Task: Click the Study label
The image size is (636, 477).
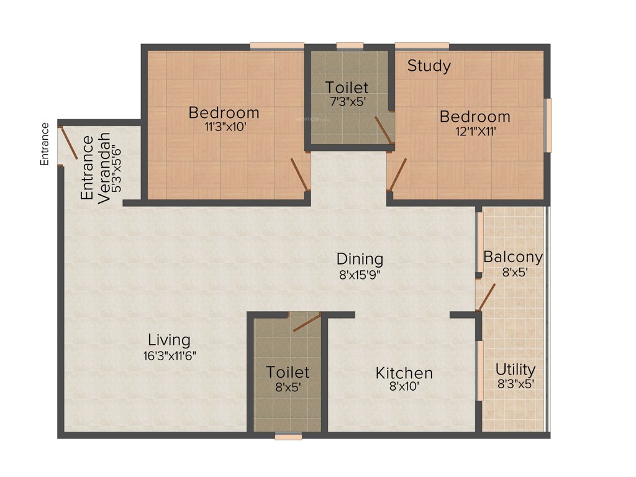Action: tap(429, 66)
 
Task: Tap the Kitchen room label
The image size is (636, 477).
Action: tap(404, 373)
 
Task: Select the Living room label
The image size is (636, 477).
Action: tap(169, 340)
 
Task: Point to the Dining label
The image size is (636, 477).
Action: tap(360, 258)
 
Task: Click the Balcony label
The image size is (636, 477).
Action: tap(513, 257)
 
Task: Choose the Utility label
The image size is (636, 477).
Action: tap(515, 370)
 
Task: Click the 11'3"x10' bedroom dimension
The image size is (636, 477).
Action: tap(224, 127)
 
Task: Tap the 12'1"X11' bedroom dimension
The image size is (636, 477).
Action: tap(475, 131)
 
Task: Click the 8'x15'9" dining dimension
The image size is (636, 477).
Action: tap(360, 274)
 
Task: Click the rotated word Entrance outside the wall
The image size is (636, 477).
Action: tap(44, 144)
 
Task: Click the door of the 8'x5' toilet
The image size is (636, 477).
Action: tap(307, 322)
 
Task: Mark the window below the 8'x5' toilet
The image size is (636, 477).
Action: tap(288, 437)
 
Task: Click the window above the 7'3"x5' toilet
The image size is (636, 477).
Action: tap(350, 45)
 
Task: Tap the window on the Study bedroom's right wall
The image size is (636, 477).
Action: tap(548, 125)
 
